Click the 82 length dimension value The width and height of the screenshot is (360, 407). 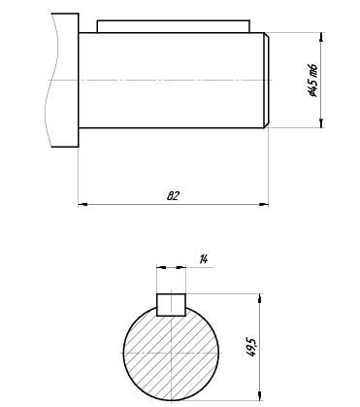[x=173, y=196]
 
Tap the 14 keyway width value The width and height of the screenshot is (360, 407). [x=204, y=259]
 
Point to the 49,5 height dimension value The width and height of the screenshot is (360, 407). [x=251, y=348]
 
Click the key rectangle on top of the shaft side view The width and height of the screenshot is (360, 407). [x=174, y=26]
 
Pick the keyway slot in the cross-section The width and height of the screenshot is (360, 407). [x=171, y=304]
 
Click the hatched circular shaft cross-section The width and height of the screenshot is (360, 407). [x=171, y=353]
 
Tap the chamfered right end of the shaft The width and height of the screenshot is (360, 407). [x=266, y=81]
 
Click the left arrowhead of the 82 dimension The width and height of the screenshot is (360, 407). [x=82, y=204]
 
